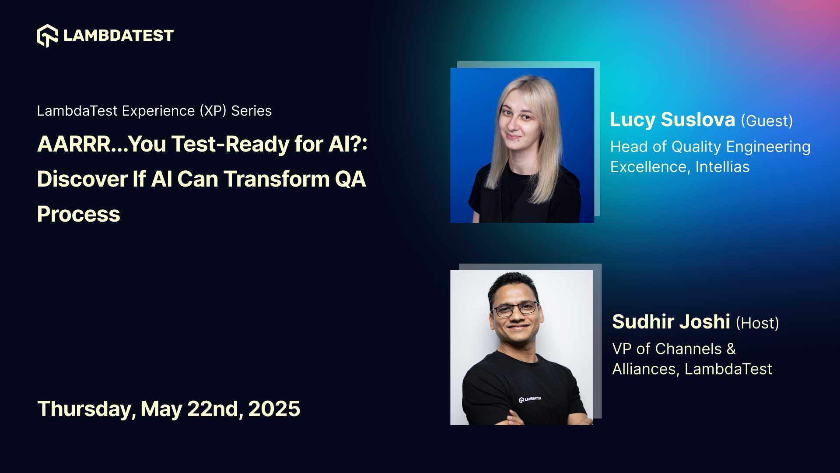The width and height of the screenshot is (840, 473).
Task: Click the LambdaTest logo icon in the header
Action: coord(47,35)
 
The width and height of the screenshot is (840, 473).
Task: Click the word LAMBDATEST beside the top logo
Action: coord(118,35)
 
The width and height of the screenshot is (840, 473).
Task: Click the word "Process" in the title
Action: coord(79,214)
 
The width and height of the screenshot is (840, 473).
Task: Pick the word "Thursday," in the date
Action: coord(86,409)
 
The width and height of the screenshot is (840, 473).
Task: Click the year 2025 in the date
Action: coord(274,409)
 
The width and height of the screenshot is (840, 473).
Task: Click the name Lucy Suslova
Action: coord(672,120)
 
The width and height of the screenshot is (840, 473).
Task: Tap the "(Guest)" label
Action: coord(766,121)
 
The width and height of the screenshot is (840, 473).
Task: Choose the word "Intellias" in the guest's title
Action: coord(722,167)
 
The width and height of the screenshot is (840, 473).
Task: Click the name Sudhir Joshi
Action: coord(671,322)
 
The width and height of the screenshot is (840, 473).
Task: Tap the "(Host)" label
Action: coord(757,323)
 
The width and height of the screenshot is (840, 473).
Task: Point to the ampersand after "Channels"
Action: coord(731,349)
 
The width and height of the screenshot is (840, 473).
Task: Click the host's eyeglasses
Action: coord(515,309)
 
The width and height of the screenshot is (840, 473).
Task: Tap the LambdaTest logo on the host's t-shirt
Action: coord(530,399)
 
